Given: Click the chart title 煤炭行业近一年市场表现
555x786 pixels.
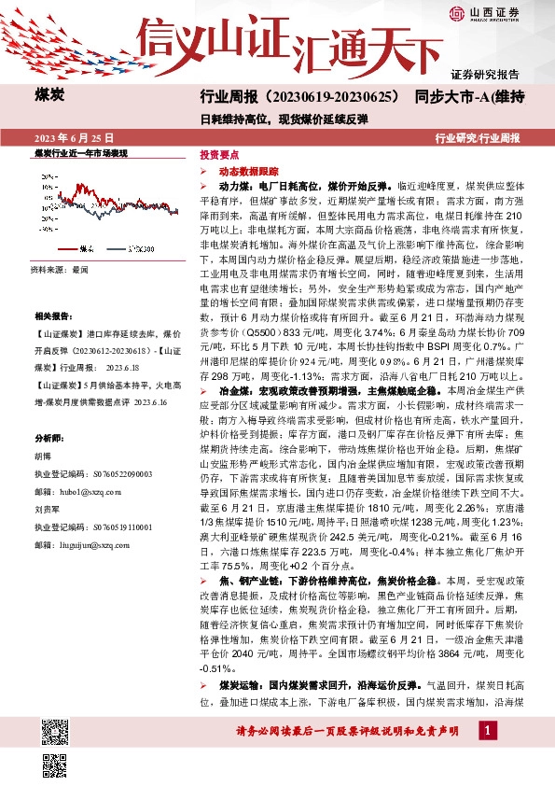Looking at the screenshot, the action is pos(80,151).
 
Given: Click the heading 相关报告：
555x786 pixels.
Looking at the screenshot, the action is pos(51,316).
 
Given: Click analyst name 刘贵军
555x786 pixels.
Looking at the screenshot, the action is pos(47,511).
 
